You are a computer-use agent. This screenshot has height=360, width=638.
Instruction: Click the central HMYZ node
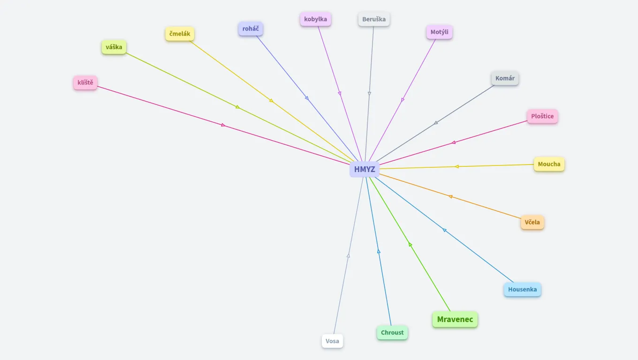(x=365, y=169)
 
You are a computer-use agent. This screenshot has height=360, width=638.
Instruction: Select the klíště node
(x=85, y=83)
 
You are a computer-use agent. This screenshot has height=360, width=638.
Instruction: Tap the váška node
(x=114, y=47)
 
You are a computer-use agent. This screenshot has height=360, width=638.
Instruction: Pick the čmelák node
(x=180, y=34)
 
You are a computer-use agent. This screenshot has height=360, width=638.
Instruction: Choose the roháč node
(x=251, y=29)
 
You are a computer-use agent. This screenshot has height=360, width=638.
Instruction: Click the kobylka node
(x=316, y=19)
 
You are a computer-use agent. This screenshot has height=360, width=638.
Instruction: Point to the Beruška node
(x=374, y=19)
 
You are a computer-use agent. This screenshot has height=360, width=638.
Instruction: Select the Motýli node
(x=440, y=32)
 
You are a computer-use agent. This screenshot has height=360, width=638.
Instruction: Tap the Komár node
(x=505, y=78)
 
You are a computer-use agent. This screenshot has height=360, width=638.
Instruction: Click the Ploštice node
(x=542, y=116)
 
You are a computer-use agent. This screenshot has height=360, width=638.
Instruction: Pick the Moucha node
(x=549, y=164)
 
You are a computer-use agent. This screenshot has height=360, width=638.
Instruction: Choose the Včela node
(x=532, y=222)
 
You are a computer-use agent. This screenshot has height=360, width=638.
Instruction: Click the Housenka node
(x=522, y=289)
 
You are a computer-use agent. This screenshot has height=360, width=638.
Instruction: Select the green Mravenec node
(x=455, y=320)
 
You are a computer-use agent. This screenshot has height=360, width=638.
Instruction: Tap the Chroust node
(x=392, y=333)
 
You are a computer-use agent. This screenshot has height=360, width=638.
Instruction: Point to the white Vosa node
(x=332, y=341)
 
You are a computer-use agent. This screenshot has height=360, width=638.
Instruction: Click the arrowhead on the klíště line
(x=223, y=125)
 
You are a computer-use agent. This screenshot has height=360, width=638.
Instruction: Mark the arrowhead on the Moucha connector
(x=456, y=166)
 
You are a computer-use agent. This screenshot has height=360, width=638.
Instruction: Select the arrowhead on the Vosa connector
(x=348, y=255)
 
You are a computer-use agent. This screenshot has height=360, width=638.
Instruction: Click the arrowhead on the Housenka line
(x=444, y=230)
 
